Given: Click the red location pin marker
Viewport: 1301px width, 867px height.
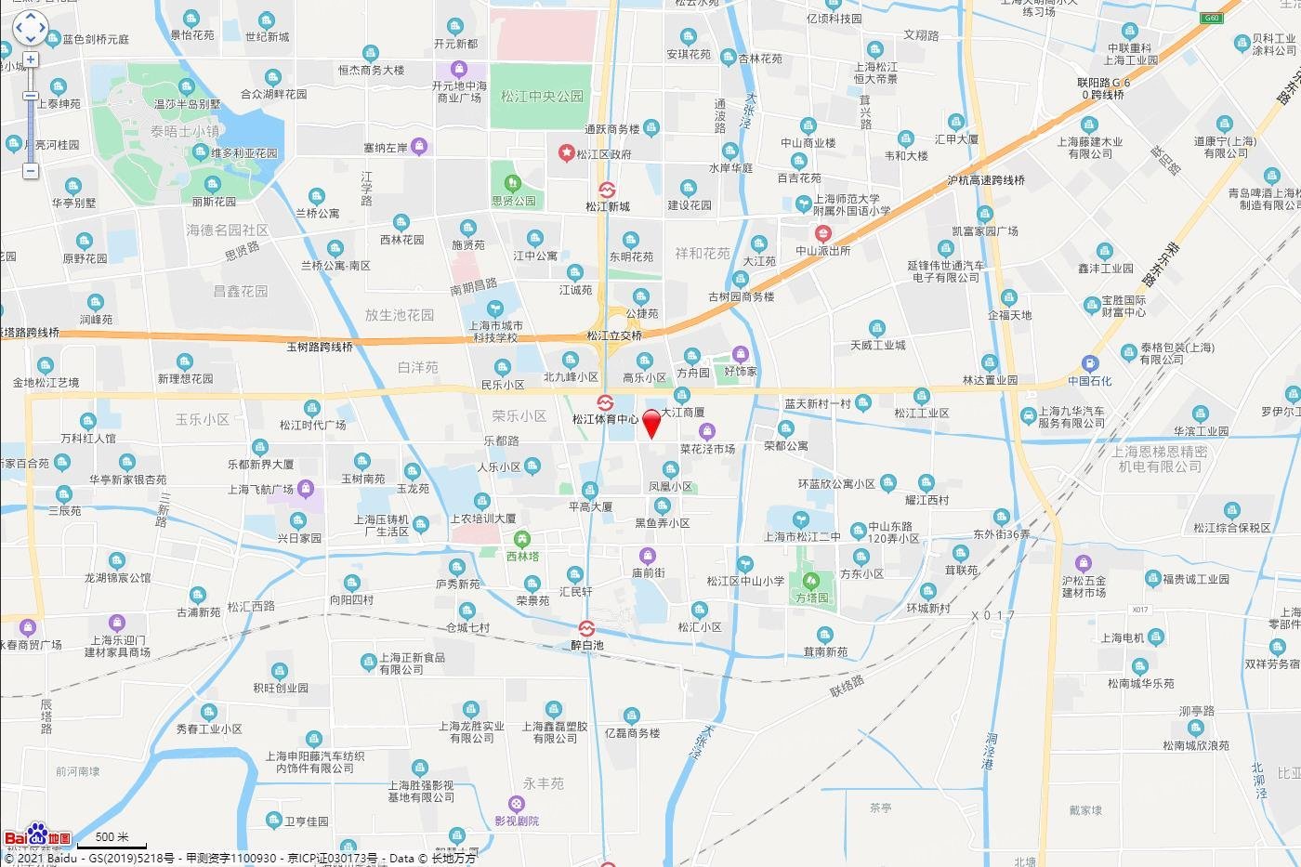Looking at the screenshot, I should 651,422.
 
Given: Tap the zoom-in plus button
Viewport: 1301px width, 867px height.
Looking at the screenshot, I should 31,59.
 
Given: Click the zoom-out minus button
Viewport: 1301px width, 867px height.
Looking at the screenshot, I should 31,171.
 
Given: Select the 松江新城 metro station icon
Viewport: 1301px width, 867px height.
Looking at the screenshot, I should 607,190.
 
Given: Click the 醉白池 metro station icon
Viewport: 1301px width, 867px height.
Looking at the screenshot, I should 586,629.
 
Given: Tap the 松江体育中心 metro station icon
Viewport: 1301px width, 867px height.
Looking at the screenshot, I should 605,403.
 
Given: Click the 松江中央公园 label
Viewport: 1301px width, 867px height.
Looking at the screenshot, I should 542,97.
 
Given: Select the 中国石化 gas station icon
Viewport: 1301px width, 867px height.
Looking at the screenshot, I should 1089,364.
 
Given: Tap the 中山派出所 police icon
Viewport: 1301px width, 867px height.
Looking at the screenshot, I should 822,234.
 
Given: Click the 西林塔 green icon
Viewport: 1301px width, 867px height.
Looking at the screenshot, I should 522,539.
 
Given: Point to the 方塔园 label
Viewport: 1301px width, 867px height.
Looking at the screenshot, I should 811,598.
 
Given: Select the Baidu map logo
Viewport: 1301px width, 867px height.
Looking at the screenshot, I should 37,836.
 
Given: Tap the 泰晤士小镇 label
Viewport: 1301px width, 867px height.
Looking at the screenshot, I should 185,132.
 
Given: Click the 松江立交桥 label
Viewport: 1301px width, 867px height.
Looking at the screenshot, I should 614,336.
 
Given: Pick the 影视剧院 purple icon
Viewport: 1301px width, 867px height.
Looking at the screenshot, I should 517,804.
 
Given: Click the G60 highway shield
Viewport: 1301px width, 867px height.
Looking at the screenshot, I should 1211,19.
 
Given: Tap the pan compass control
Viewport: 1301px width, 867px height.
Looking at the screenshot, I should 30,28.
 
